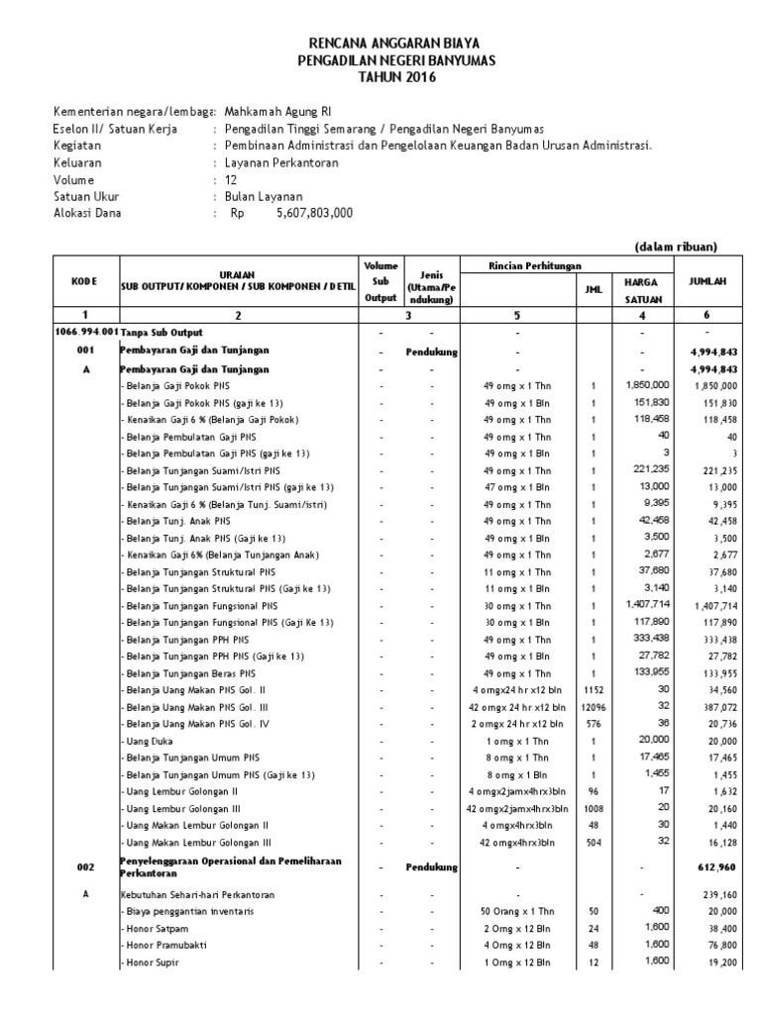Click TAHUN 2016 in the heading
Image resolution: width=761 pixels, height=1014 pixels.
(381, 77)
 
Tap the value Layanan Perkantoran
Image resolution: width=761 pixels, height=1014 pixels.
(281, 162)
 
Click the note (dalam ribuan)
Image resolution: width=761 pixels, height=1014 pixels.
(676, 247)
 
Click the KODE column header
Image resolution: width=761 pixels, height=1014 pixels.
(84, 281)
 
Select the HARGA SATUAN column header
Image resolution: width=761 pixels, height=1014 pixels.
(633, 288)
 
